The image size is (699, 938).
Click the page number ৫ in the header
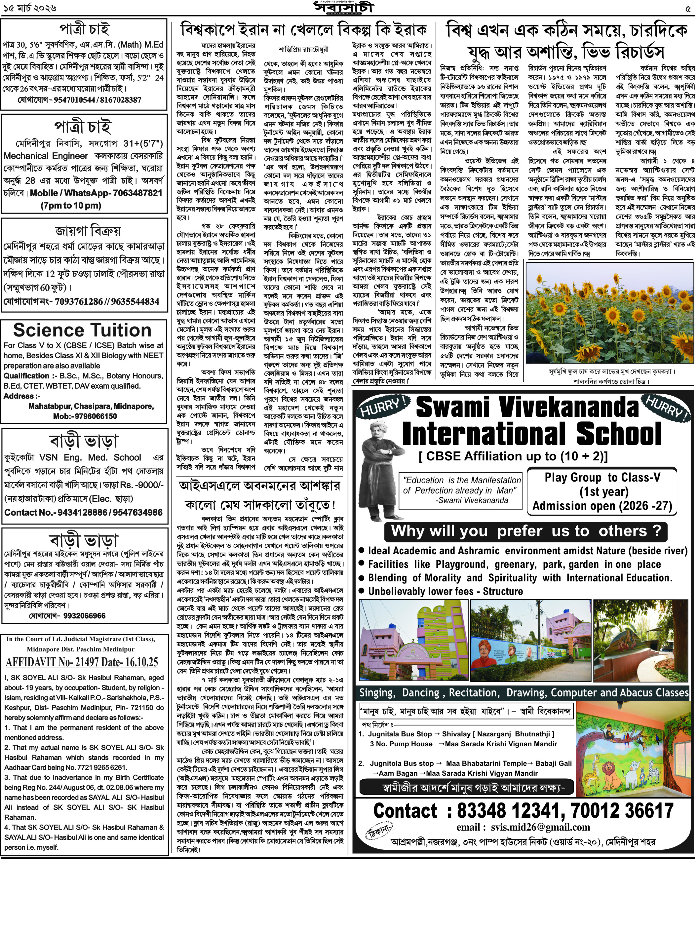point(690,8)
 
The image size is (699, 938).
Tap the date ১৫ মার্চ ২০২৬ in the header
point(30,8)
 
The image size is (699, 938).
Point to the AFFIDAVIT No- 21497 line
point(82,662)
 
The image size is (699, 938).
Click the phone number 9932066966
point(85,616)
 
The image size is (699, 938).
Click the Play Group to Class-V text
point(602,478)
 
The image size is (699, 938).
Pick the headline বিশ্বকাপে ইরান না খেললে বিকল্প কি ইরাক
point(303,30)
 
